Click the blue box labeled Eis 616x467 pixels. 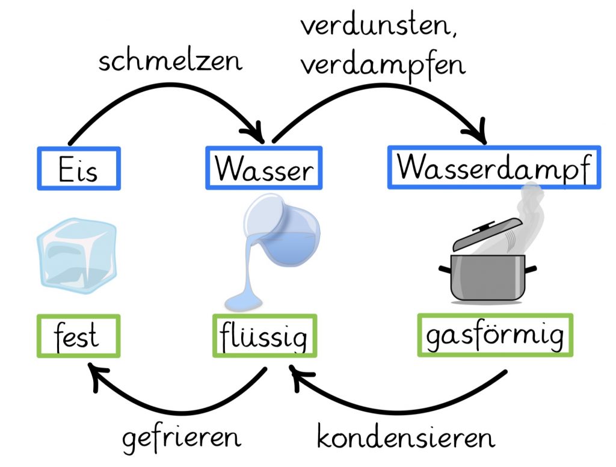[78, 169]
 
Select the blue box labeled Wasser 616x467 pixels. [263, 168]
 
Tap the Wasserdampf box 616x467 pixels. [493, 167]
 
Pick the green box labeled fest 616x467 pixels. [78, 336]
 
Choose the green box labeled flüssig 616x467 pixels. [264, 336]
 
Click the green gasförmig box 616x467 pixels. [494, 335]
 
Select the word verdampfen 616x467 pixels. [383, 63]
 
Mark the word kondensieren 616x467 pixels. [406, 438]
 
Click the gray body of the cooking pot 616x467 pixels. [487, 276]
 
